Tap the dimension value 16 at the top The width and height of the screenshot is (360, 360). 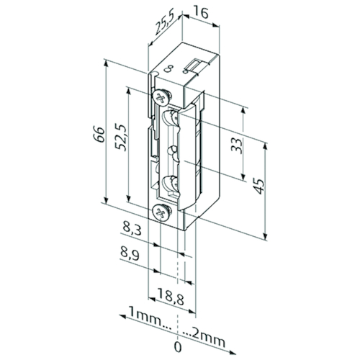[x=201, y=13]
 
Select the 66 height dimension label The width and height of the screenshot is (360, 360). [x=99, y=134]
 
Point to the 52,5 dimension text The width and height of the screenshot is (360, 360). [x=121, y=137]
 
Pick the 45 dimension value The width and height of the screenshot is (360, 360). [x=259, y=186]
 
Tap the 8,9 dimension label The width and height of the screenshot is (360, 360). [x=130, y=256]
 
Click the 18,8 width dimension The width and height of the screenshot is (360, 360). [x=171, y=297]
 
